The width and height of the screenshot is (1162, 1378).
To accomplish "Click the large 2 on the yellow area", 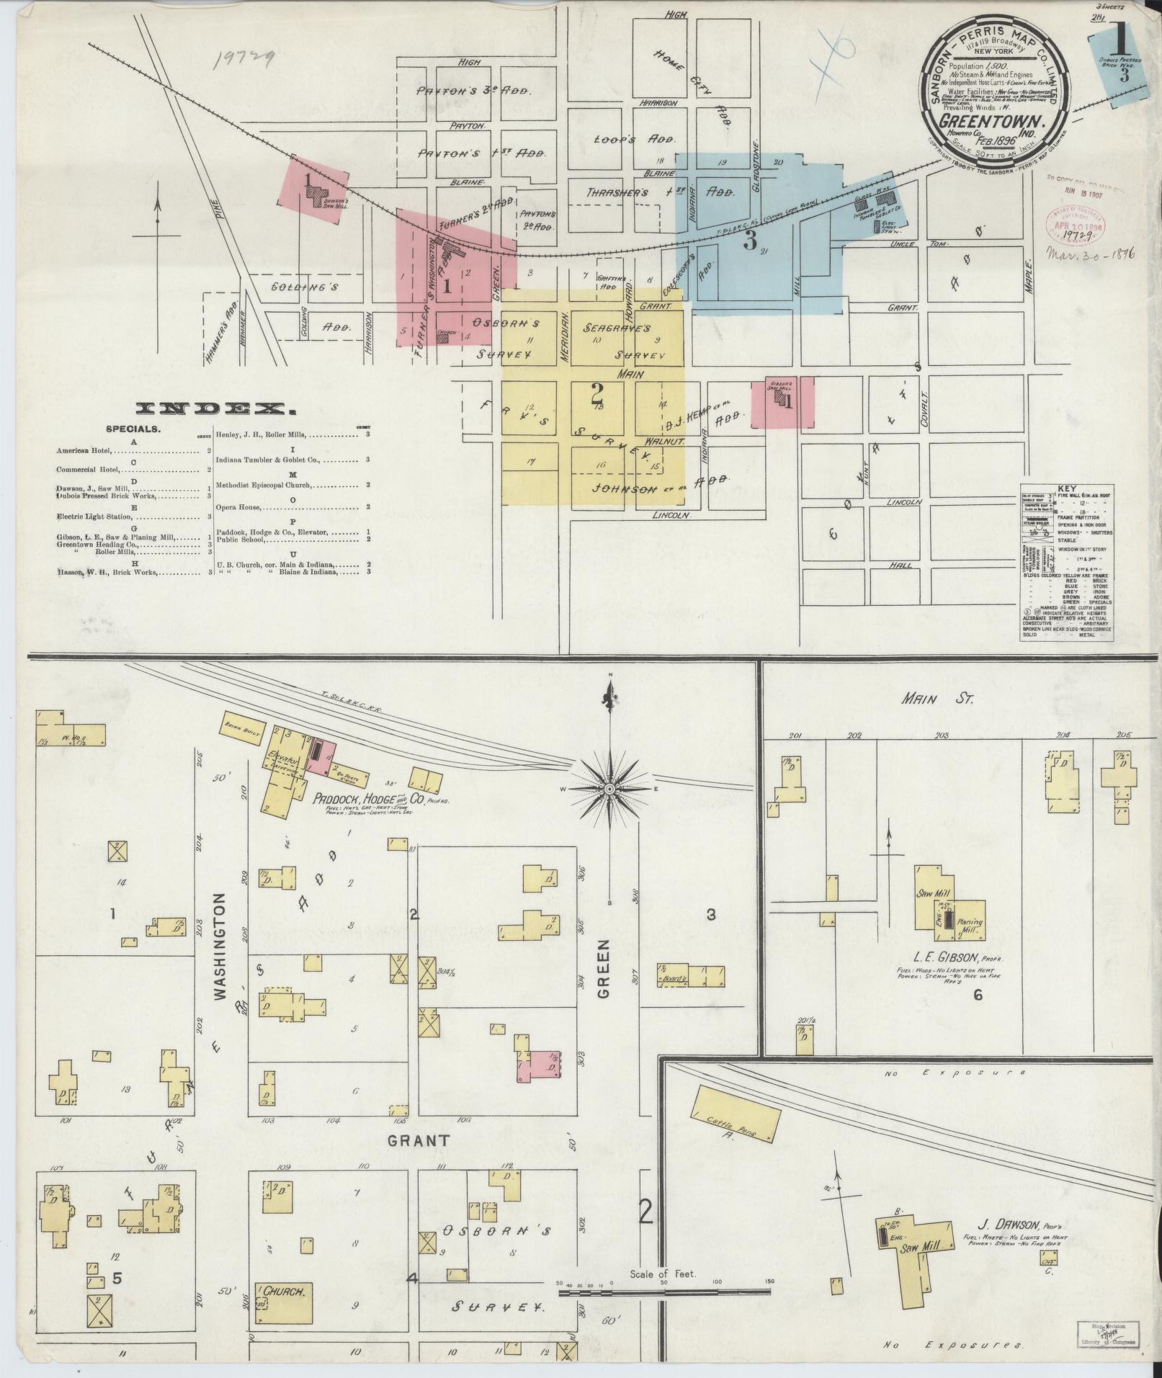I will [x=596, y=393].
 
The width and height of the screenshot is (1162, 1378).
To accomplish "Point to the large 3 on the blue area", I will [x=750, y=241].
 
